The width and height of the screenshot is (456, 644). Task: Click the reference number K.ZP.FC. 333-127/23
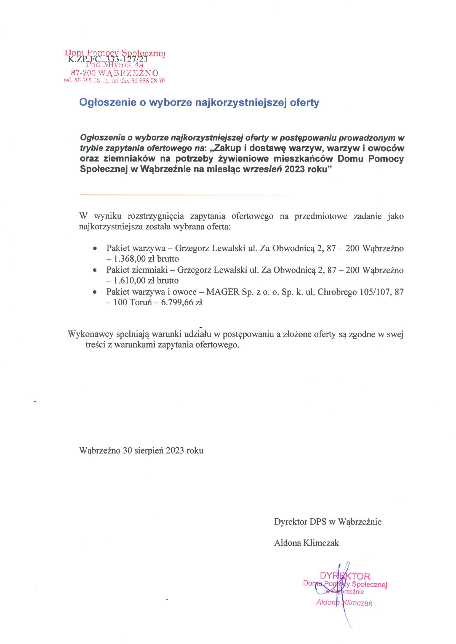[107, 59]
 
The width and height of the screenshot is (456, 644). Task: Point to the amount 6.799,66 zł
[182, 303]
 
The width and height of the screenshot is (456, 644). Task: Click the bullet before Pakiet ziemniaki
[95, 270]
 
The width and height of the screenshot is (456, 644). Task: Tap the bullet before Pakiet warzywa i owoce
[95, 292]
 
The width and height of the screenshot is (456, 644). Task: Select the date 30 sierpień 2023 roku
[163, 450]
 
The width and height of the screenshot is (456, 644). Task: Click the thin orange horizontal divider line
[184, 194]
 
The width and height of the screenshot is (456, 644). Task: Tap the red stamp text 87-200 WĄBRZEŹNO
[114, 73]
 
